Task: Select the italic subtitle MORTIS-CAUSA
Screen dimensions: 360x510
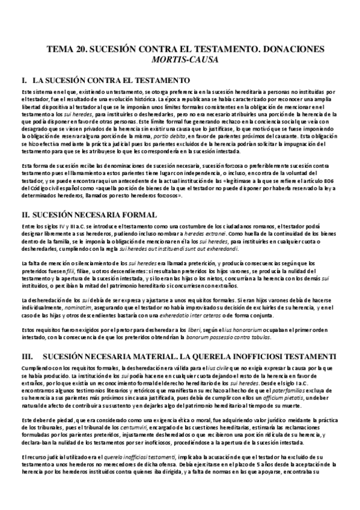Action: tap(179, 60)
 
